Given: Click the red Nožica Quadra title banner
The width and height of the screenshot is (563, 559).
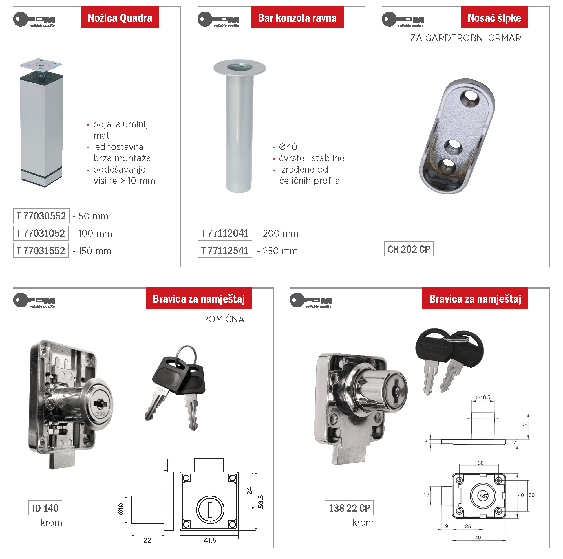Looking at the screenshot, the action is pos(120,17).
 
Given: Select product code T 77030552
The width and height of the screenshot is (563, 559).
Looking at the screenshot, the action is pos(41,216).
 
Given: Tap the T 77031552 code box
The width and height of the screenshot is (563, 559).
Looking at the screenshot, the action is pos(41,250).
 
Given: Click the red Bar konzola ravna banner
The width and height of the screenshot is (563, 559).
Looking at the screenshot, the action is pos(297,17).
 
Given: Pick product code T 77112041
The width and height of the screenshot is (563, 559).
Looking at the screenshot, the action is pos(225,233).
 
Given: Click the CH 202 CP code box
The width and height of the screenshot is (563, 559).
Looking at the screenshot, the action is pos(409,249).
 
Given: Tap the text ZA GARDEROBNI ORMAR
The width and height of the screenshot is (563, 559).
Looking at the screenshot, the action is pos(465,38).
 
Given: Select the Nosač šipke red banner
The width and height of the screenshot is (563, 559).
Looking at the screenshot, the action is pos(494,17).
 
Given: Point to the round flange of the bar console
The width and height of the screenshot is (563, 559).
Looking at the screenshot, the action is pos(239,68).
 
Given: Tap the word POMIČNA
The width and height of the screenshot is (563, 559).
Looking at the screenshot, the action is pos(224,319).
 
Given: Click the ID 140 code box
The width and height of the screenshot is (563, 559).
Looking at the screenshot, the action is pos(45,508).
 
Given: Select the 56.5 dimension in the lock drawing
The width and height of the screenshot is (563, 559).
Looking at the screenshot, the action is pos(261,501).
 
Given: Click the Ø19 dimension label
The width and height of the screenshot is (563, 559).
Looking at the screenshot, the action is pos(121,509).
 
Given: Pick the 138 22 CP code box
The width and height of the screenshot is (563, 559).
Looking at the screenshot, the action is pos(349,508).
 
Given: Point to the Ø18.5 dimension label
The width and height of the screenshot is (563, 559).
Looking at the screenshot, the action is pos(483,397).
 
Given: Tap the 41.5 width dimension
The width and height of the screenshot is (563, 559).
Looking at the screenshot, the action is pos(210,540).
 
